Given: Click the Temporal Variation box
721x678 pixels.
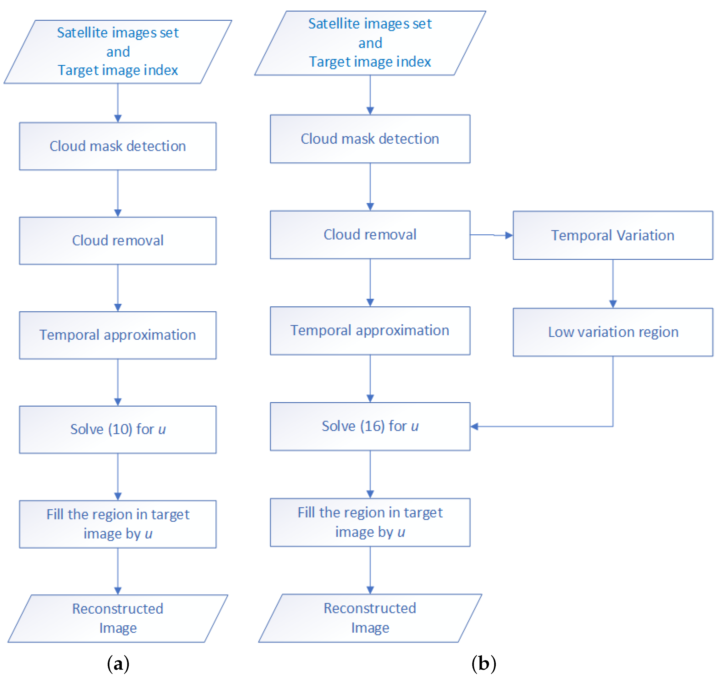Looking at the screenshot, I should [x=613, y=235].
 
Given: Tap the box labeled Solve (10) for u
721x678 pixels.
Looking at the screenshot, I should [x=118, y=429].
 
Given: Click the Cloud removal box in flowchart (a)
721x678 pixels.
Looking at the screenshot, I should [x=118, y=241].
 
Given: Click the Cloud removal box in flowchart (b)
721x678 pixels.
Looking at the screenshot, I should [x=370, y=234].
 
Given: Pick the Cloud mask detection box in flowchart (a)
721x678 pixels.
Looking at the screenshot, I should [x=118, y=146].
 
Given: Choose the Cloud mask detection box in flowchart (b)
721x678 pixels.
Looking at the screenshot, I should [x=370, y=139].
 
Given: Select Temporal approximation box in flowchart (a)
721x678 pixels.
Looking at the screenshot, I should [x=118, y=335].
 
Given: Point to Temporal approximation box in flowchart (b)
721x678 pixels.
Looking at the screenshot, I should [x=370, y=330].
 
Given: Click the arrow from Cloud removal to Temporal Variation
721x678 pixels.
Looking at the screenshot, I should [x=491, y=235].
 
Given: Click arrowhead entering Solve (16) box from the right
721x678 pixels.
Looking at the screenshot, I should [x=475, y=427].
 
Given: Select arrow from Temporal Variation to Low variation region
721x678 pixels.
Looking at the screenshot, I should [x=613, y=283].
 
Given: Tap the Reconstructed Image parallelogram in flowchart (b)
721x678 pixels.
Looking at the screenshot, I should [x=370, y=618].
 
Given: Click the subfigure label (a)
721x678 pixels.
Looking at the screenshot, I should [x=118, y=663].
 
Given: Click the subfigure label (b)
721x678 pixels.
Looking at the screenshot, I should [x=483, y=663].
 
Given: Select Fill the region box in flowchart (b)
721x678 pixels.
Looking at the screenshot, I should [x=370, y=522].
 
